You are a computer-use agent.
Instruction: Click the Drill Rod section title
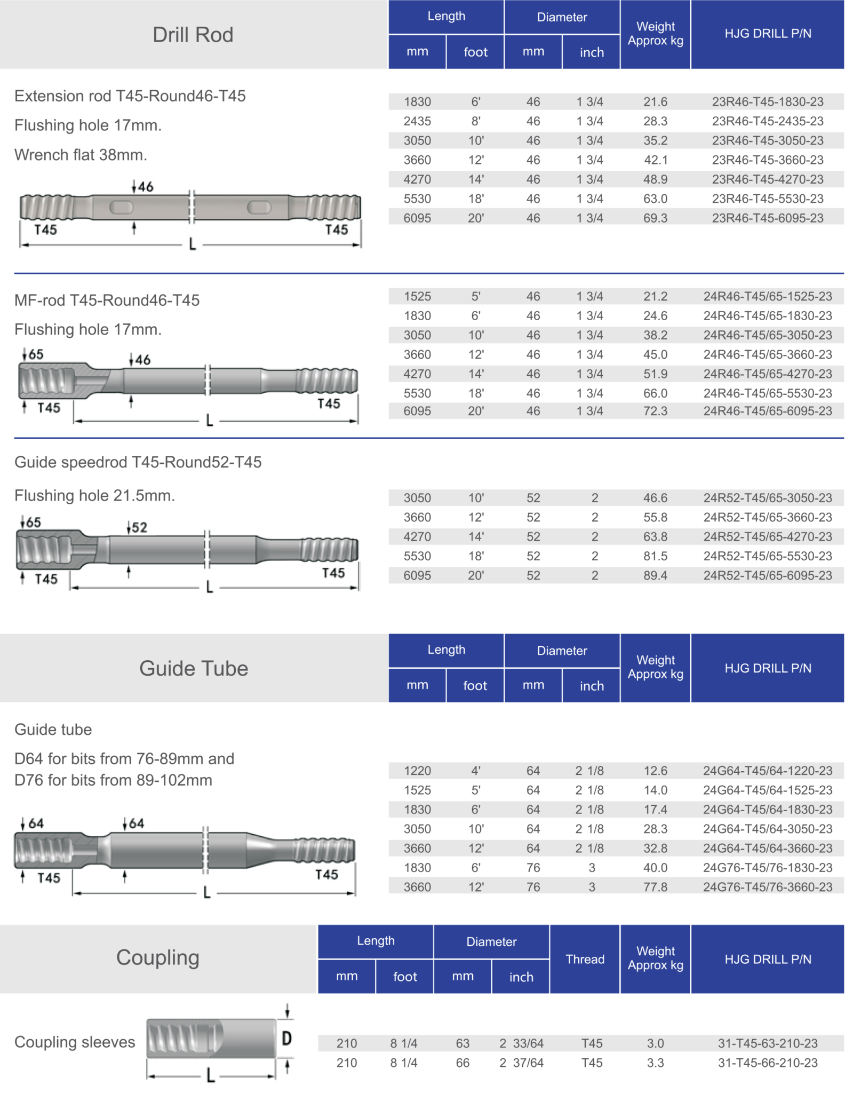tap(193, 35)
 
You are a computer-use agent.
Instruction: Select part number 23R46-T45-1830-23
tap(767, 101)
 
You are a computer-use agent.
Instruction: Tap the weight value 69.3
tap(655, 218)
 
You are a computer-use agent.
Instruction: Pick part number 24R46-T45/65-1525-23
tap(767, 296)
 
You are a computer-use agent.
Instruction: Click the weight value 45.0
tap(655, 354)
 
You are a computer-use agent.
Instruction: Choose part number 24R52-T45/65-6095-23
tap(767, 575)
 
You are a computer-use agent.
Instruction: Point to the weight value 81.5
tap(655, 556)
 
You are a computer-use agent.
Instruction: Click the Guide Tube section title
tap(193, 668)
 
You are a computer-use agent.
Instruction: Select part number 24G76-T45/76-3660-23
tap(767, 887)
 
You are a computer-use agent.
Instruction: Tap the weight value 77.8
tap(655, 887)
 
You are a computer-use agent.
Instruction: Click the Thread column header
tap(585, 959)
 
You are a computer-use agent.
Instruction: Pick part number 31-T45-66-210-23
tap(767, 1063)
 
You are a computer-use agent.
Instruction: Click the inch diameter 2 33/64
tap(521, 1043)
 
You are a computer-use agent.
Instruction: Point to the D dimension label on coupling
tap(286, 1039)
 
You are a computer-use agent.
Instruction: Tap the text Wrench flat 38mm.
tap(81, 155)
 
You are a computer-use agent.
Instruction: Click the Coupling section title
tap(158, 957)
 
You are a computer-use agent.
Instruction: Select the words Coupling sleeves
tap(75, 1042)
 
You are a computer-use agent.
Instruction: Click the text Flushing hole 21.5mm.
tap(94, 495)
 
